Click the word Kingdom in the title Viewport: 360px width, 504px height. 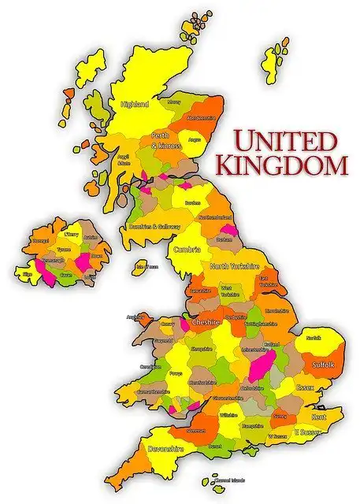pos(281,166)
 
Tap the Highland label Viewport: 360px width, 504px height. pos(135,104)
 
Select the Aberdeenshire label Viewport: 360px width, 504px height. pos(200,117)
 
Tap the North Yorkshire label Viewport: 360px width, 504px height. pos(234,267)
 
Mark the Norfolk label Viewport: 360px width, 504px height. pos(314,338)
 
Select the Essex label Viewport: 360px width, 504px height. pos(306,387)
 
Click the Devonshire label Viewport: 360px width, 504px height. pos(165,448)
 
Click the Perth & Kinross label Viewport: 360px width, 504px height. pos(166,140)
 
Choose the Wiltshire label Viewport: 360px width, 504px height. pos(229,413)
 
